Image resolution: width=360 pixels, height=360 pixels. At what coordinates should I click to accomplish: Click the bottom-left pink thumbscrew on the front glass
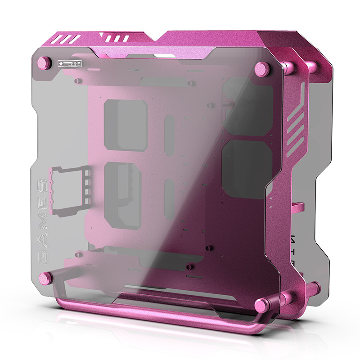46,278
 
